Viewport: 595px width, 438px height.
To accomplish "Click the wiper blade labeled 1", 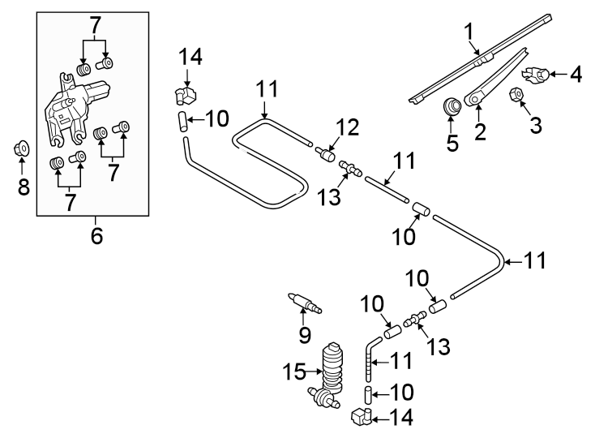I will (486, 57).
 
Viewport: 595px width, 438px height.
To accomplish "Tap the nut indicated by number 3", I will (516, 96).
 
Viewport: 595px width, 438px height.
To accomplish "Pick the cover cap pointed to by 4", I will (536, 75).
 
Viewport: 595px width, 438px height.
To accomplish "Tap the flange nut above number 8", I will (23, 149).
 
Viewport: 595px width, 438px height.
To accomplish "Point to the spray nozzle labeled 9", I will (304, 303).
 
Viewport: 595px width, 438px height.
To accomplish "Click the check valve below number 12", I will (327, 153).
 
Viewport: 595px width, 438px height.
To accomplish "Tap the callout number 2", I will (480, 131).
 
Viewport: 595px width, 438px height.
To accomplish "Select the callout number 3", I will (535, 124).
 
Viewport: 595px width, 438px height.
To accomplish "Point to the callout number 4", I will (576, 75).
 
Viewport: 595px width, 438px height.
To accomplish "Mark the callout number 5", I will (452, 144).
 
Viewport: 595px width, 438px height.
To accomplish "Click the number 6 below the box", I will (96, 236).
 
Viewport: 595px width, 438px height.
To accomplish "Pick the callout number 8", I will (24, 188).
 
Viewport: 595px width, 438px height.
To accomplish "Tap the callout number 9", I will (305, 333).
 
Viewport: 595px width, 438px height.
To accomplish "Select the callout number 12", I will (346, 127).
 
